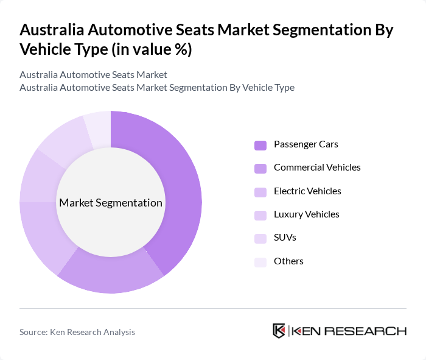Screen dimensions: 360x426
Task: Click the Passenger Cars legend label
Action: [306, 144]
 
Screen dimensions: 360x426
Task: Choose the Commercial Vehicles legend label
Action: [317, 168]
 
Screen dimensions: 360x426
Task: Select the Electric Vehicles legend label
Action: [307, 191]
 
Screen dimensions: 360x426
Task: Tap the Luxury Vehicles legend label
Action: [307, 214]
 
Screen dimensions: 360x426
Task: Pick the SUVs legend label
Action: [285, 238]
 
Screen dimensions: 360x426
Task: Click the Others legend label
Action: [288, 261]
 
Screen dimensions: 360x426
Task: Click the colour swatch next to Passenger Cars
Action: [260, 145]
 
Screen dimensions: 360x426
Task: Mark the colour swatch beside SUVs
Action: [260, 238]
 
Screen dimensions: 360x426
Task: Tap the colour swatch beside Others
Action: [260, 262]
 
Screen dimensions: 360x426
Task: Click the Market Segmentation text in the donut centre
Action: [111, 203]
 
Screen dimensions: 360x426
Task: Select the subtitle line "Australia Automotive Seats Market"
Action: [93, 75]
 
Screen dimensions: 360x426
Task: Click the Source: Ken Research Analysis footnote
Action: [77, 332]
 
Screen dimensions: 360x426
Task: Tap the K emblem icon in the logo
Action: [279, 331]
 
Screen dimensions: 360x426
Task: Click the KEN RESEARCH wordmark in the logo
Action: [349, 331]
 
